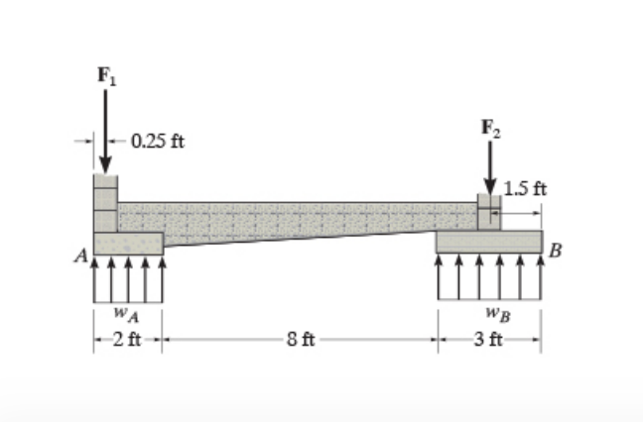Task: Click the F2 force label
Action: (490, 127)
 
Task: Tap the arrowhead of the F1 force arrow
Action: (105, 167)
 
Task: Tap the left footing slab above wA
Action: (129, 244)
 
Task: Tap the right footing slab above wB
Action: (489, 241)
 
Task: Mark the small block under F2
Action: (489, 212)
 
